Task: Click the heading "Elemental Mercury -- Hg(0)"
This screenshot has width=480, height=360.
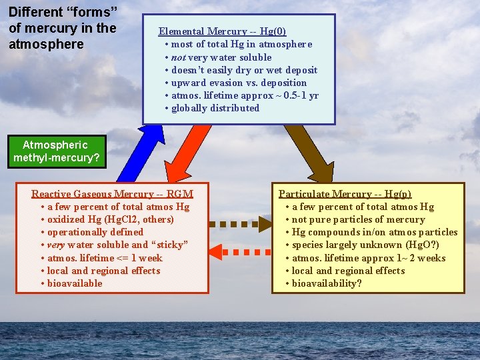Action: tap(222, 31)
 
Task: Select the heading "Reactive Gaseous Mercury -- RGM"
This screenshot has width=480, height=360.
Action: tap(112, 194)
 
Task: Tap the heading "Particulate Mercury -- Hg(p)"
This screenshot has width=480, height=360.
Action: tap(345, 194)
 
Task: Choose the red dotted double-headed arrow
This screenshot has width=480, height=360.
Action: tap(241, 253)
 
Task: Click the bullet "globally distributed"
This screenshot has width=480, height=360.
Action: tap(215, 108)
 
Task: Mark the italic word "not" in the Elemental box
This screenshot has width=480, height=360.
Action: tap(179, 57)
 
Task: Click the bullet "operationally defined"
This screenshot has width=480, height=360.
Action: tap(95, 232)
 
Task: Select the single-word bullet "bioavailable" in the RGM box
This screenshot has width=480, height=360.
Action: tap(75, 283)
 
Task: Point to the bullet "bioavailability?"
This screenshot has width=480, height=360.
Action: tap(327, 283)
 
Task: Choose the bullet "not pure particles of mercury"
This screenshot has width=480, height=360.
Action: tap(358, 219)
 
